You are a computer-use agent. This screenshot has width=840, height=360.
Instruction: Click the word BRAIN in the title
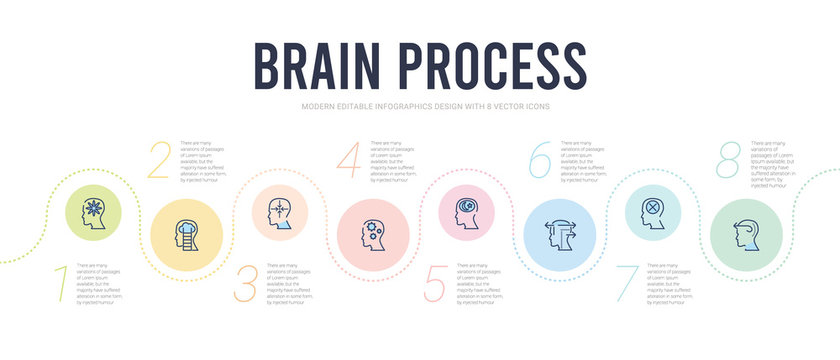(325, 68)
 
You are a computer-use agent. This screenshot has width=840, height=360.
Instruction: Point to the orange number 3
(245, 285)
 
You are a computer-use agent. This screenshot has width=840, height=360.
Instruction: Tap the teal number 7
(626, 284)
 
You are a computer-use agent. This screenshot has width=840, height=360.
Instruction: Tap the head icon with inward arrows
(282, 213)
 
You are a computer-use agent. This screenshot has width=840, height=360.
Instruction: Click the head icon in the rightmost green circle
(748, 236)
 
